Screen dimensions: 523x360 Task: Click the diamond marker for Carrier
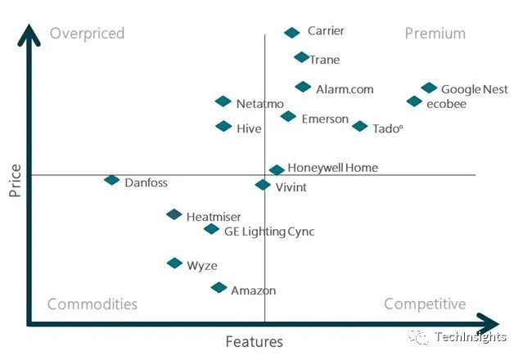click(292, 33)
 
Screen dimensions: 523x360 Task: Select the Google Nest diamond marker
click(429, 88)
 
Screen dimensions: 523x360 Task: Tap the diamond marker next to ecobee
click(415, 101)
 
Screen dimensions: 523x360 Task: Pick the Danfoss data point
click(112, 180)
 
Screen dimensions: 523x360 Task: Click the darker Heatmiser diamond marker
click(174, 214)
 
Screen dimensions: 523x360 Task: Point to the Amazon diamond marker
click(219, 287)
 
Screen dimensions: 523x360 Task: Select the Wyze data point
click(174, 263)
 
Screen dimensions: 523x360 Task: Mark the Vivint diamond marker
click(263, 185)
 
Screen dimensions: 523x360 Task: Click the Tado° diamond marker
click(360, 126)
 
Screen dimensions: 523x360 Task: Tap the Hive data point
click(223, 126)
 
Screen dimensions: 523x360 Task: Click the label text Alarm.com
click(345, 89)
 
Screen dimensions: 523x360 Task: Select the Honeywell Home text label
click(333, 168)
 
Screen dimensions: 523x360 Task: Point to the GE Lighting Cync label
click(269, 232)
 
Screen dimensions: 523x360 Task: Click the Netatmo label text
click(259, 104)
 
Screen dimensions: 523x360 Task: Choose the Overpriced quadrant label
click(87, 34)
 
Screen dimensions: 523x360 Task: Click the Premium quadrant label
click(435, 34)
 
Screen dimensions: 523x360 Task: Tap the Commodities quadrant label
click(92, 304)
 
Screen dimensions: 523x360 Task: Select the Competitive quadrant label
click(425, 304)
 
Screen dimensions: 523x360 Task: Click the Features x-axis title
click(255, 342)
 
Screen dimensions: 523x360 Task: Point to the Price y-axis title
click(15, 180)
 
